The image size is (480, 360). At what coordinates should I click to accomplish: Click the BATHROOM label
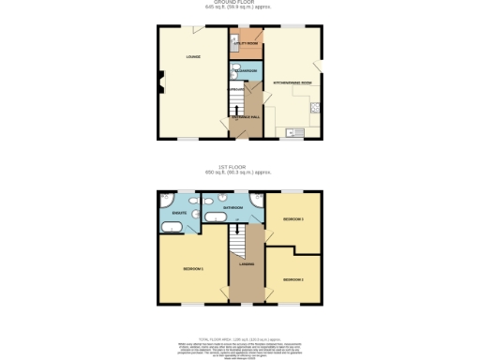pyautogui.click(x=232, y=205)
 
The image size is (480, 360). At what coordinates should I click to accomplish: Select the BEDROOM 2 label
pyautogui.click(x=292, y=279)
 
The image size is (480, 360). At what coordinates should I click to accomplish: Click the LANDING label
pyautogui.click(x=247, y=263)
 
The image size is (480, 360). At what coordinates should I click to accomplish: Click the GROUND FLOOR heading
pyautogui.click(x=241, y=3)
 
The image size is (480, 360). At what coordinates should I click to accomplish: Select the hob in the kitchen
pyautogui.click(x=316, y=107)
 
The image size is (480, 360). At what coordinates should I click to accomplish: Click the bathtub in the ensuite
pyautogui.click(x=173, y=227)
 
